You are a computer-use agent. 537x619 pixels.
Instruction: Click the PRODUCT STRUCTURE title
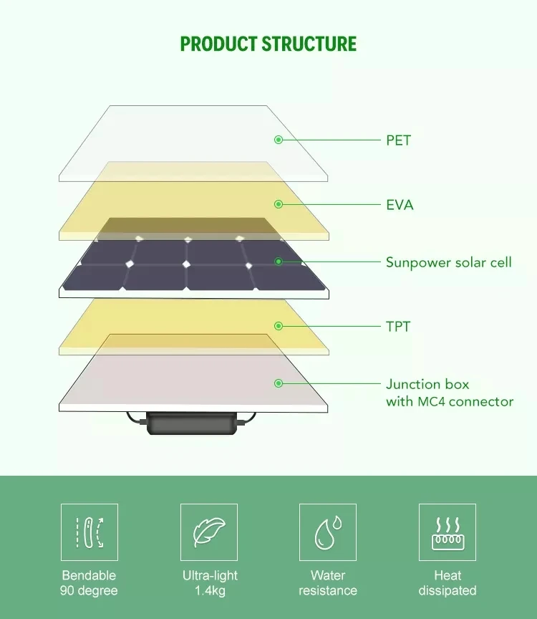268,44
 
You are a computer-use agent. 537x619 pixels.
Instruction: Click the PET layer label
398,140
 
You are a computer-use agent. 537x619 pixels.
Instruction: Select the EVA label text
400,205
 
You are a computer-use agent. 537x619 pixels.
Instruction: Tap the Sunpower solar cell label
448,262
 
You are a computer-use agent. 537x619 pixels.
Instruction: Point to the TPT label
398,327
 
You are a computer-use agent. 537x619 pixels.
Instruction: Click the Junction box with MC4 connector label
449,393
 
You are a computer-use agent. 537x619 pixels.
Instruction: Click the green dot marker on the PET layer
279,140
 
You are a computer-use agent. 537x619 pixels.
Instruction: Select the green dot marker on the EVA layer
279,205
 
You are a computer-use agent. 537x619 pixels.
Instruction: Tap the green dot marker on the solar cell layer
279,262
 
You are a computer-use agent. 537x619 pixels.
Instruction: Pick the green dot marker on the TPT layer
279,327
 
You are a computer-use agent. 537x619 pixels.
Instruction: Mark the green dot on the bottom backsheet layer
279,384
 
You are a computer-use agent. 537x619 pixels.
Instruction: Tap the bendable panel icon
89,532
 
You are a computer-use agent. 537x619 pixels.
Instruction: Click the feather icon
208,532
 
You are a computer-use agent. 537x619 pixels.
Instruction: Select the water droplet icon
328,532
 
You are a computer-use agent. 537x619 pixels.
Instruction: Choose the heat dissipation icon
447,532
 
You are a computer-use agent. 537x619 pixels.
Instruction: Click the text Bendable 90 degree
89,583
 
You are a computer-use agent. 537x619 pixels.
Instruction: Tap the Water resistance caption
328,583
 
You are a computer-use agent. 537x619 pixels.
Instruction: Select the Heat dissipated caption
447,583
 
